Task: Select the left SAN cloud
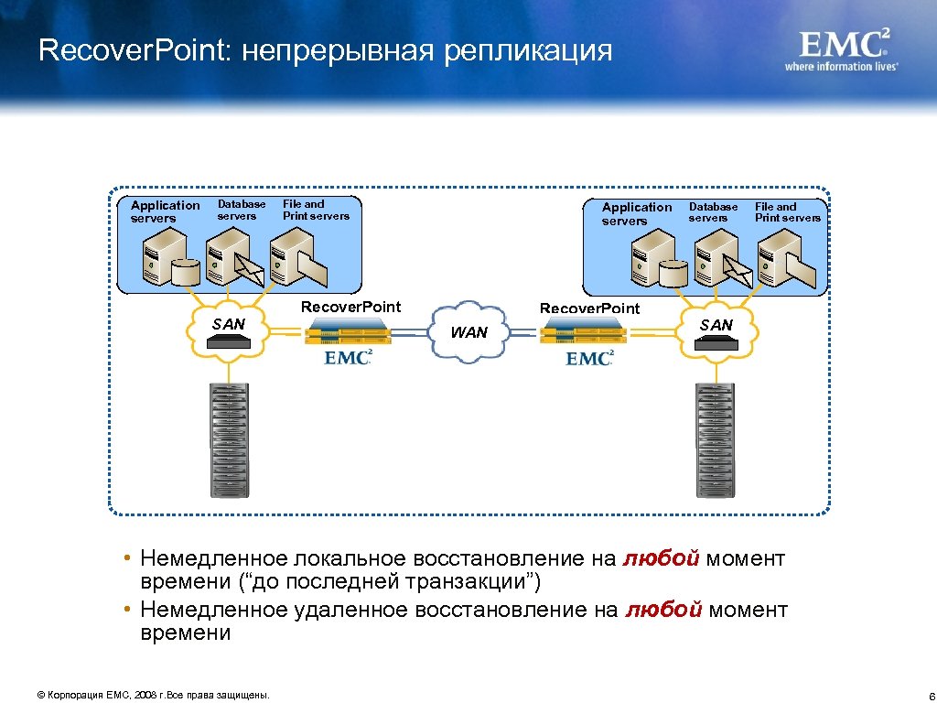click(x=229, y=331)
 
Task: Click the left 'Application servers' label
click(x=165, y=211)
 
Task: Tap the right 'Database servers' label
click(x=713, y=212)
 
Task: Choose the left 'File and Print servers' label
click(x=316, y=210)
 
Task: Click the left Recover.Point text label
click(x=350, y=307)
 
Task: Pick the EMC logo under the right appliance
click(x=589, y=358)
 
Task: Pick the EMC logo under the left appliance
click(x=348, y=357)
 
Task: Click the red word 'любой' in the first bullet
click(x=662, y=559)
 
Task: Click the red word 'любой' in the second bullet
click(x=663, y=611)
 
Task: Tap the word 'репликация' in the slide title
click(x=527, y=50)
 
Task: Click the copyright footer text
click(x=153, y=696)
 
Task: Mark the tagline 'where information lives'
click(x=841, y=66)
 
